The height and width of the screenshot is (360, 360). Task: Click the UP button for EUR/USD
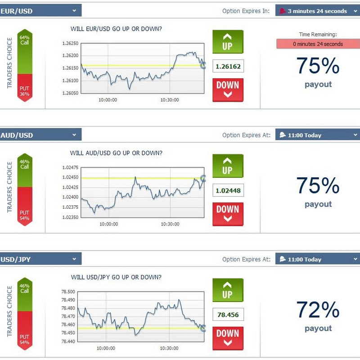(228, 42)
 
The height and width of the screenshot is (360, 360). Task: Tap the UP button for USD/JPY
(228, 290)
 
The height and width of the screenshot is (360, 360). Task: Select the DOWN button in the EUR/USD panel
(228, 90)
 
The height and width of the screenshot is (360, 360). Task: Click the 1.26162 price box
(228, 66)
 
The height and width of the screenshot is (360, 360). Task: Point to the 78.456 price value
(228, 315)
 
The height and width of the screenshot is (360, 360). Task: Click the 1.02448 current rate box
(228, 190)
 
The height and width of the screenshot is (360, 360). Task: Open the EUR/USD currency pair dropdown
(40, 10)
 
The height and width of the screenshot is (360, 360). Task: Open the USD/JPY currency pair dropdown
(40, 259)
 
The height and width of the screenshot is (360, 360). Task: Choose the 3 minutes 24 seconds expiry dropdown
(318, 10)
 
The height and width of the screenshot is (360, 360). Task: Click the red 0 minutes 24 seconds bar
(318, 44)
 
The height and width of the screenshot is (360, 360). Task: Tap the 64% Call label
(25, 40)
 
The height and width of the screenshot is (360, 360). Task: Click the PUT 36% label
(25, 91)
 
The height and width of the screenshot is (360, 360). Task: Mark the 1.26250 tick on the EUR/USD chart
(70, 43)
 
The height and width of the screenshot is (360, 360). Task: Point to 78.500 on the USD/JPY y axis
(68, 292)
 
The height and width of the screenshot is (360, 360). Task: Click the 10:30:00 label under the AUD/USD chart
(170, 224)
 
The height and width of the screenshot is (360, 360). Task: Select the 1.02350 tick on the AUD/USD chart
(70, 217)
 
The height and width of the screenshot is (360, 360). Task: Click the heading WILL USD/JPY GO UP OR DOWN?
(116, 277)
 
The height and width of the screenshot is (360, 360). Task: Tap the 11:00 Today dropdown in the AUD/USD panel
(318, 135)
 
